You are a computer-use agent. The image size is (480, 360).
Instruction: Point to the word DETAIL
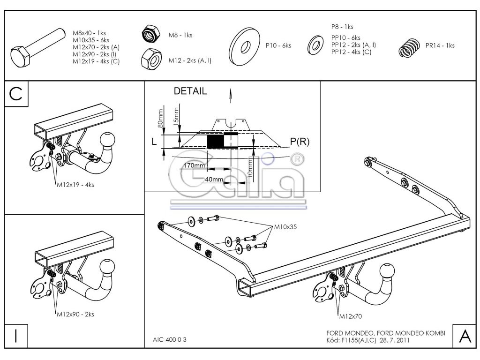pyautogui.click(x=190, y=91)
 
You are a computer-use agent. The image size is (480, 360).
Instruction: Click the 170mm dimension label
pyautogui.click(x=193, y=165)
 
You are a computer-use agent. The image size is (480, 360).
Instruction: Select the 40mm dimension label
pyautogui.click(x=214, y=180)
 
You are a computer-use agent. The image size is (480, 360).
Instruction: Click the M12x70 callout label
pyautogui.click(x=351, y=316)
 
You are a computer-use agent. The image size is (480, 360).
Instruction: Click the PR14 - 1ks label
pyautogui.click(x=440, y=45)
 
